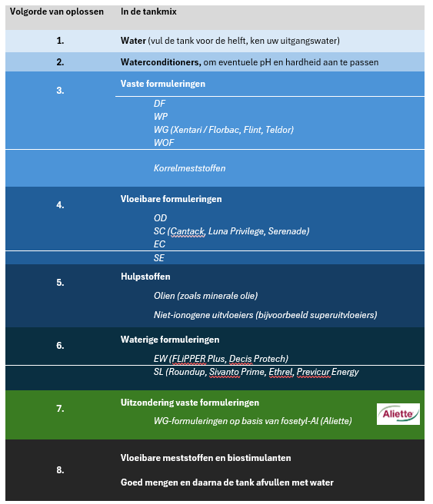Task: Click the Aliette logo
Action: [398, 413]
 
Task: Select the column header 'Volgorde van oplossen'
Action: [57, 12]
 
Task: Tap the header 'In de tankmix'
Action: [148, 12]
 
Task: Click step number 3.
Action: [60, 91]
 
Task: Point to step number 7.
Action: [60, 409]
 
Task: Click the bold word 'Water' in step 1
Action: [134, 41]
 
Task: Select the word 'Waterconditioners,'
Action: [161, 62]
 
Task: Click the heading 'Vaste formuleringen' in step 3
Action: [163, 84]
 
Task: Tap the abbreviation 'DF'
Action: [159, 104]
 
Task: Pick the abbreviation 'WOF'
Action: [164, 143]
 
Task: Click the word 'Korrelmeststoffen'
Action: [189, 168]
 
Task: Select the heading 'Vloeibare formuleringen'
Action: [172, 199]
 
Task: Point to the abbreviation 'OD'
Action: [160, 218]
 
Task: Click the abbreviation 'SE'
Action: [159, 258]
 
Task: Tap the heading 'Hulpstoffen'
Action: [145, 277]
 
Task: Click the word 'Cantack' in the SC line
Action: [187, 231]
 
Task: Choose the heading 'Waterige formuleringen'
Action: [170, 340]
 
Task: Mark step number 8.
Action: [60, 470]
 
